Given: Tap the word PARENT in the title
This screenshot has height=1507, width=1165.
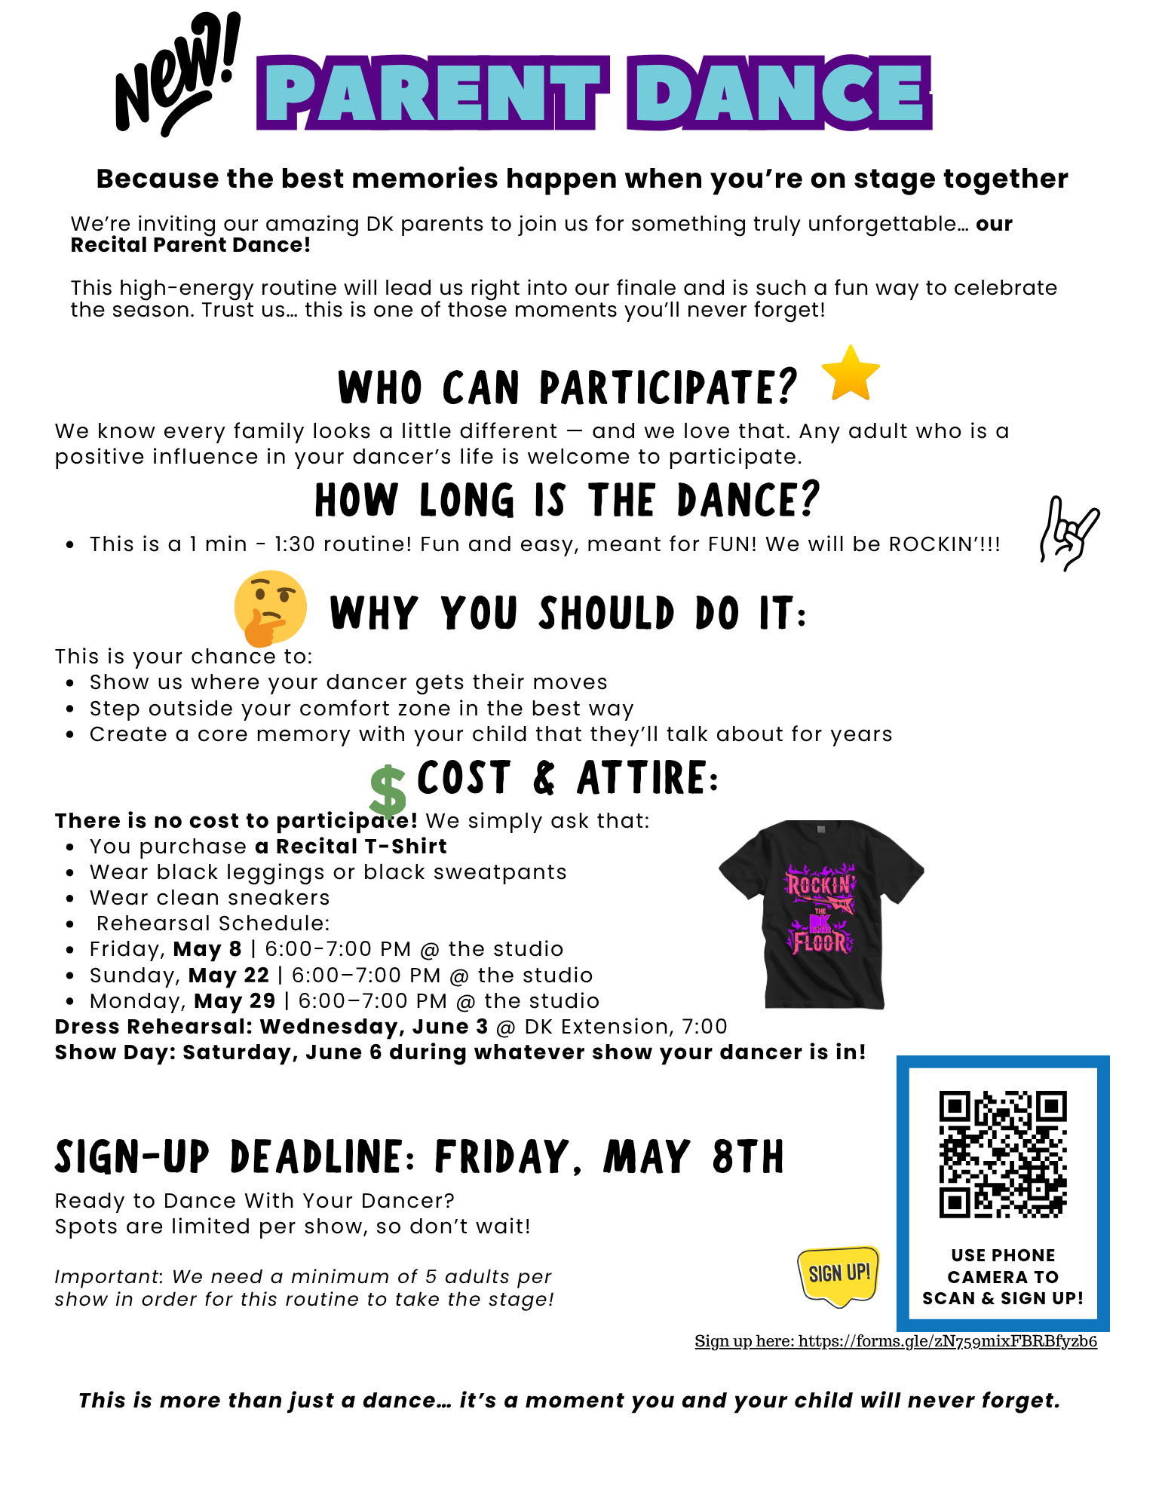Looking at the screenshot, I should point(433,93).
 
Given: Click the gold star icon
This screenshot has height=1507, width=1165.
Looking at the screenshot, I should point(850,373).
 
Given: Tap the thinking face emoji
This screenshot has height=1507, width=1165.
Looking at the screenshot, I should point(269,608).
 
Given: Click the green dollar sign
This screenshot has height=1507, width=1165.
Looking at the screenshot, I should point(388,792).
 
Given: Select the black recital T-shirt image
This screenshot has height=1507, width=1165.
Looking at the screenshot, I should point(821,914).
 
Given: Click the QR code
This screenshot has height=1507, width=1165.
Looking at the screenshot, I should point(1002,1153).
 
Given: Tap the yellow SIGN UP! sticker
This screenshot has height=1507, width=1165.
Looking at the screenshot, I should point(838,1276).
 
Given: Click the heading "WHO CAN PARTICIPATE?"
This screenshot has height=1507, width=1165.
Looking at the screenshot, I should point(567,387).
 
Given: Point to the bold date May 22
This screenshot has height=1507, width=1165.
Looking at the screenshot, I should point(228,976).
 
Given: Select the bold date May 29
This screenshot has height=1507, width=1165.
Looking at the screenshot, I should point(235,1001).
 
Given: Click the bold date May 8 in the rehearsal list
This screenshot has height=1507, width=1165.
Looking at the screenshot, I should point(207,949).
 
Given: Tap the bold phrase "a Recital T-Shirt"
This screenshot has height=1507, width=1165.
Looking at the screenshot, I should point(351,847).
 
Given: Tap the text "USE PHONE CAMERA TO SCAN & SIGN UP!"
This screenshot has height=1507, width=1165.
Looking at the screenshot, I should point(1002,1276).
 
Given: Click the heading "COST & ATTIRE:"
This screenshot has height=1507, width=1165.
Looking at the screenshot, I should point(568,778).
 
